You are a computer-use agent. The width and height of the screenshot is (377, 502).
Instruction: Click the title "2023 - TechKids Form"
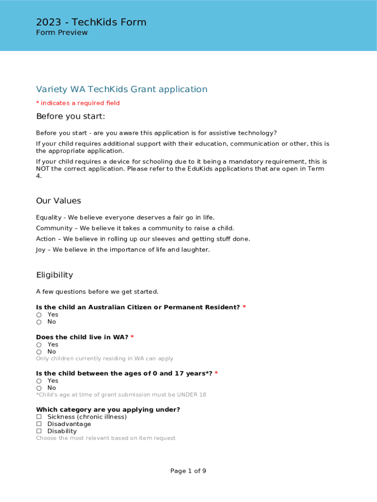(91, 22)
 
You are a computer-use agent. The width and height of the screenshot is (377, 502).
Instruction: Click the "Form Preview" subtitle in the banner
(62, 33)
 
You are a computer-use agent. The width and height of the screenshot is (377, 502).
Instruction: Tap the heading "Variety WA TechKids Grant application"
(121, 89)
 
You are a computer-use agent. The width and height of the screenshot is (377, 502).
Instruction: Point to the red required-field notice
(78, 103)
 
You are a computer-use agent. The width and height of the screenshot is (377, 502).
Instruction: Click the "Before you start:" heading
(71, 116)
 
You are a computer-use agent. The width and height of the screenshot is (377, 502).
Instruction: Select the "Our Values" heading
(58, 201)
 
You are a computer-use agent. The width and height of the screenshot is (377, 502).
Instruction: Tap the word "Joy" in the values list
(40, 250)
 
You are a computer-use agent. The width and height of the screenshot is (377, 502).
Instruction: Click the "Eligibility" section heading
(54, 275)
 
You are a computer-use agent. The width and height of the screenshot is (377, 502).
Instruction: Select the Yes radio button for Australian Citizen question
(39, 315)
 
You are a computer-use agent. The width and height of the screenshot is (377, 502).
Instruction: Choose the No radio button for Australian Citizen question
(39, 322)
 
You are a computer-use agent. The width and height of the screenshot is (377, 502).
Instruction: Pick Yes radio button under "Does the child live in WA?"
(39, 345)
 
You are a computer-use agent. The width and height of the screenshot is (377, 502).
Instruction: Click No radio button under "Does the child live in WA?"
(39, 352)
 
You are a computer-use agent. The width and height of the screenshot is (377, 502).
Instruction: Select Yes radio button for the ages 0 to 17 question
(39, 381)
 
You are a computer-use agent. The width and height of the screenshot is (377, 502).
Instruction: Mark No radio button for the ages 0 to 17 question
(39, 388)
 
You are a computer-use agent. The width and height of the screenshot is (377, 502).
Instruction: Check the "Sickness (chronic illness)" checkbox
(39, 417)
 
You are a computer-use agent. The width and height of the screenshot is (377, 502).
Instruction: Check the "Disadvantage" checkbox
(39, 424)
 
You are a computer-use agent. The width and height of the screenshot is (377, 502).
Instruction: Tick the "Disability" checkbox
(39, 431)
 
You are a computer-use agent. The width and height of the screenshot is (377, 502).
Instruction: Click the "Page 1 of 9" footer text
(188, 471)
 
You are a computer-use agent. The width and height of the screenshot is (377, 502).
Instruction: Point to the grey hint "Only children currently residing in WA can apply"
(104, 358)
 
